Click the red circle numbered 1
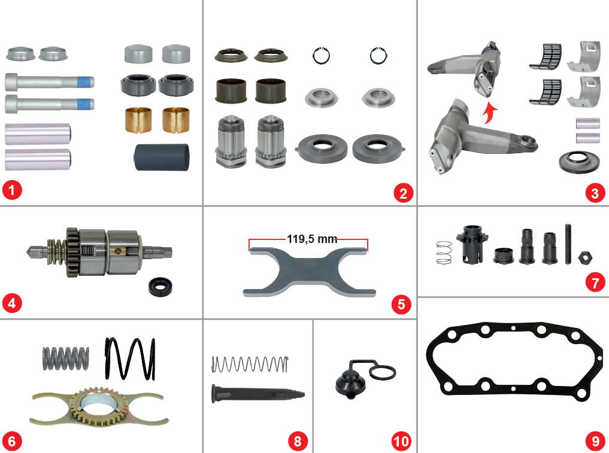pyautogui.click(x=12, y=190)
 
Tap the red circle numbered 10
pyautogui.click(x=401, y=441)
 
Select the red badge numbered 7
pyautogui.click(x=595, y=282)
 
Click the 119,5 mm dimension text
pyautogui.click(x=312, y=239)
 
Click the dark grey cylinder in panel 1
pyautogui.click(x=162, y=157)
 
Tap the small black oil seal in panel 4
pyautogui.click(x=160, y=286)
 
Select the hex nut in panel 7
pyautogui.click(x=585, y=257)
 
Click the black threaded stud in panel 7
pyautogui.click(x=568, y=244)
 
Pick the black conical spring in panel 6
pyautogui.click(x=130, y=358)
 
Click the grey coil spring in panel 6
pyautogui.click(x=65, y=358)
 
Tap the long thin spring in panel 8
pyautogui.click(x=250, y=364)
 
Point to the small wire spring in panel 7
pyautogui.click(x=444, y=253)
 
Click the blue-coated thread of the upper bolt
pyautogui.click(x=84, y=83)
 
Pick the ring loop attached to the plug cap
pyautogui.click(x=383, y=372)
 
